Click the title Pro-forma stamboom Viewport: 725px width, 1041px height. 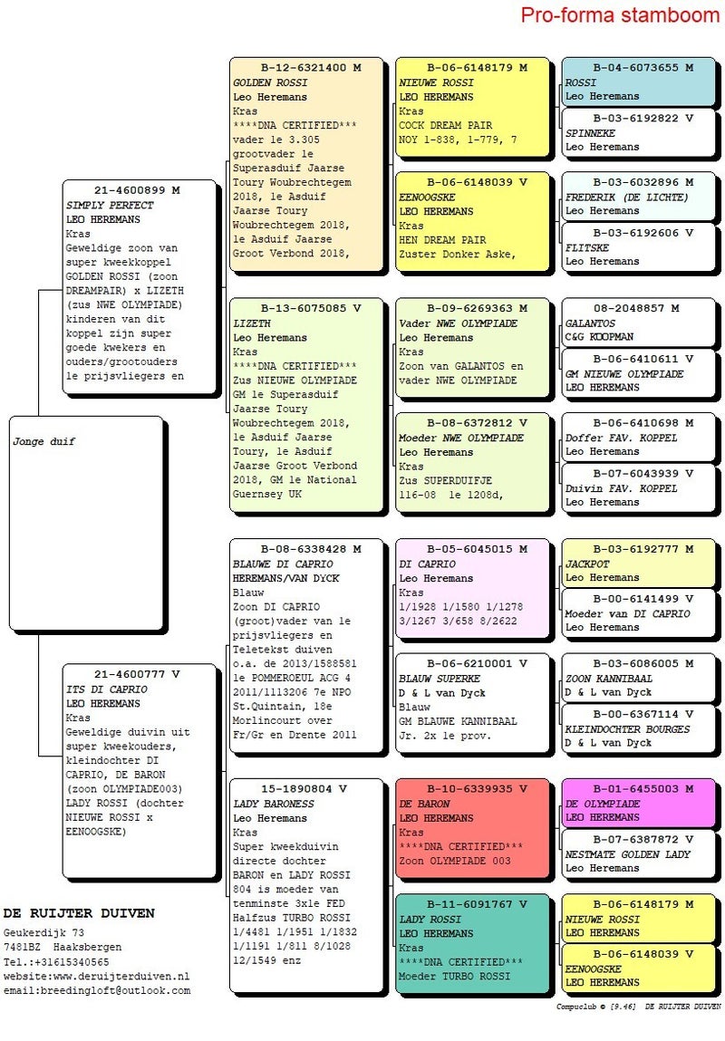620,15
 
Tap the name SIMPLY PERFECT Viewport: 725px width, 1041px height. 110,205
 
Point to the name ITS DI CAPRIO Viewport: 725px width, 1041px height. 107,689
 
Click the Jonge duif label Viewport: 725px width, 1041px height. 44,441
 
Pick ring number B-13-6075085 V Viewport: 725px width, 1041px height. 305,308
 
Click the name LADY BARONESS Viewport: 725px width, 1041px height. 274,804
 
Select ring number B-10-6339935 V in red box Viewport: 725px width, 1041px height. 471,789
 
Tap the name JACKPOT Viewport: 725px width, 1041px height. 587,563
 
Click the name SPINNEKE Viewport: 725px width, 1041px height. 589,132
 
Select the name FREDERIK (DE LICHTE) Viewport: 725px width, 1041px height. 626,197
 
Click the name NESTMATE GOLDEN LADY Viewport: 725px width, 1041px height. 627,853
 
